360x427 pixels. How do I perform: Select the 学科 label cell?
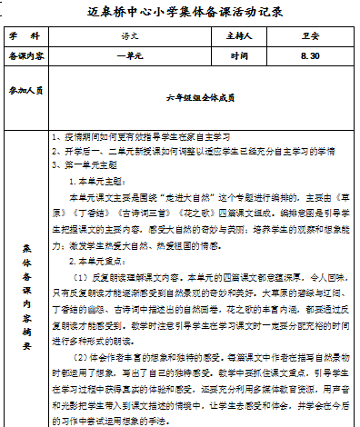click(x=25, y=37)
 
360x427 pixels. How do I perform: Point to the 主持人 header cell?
click(x=239, y=37)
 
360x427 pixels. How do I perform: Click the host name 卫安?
click(x=306, y=37)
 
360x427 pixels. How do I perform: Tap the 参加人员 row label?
click(x=25, y=92)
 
